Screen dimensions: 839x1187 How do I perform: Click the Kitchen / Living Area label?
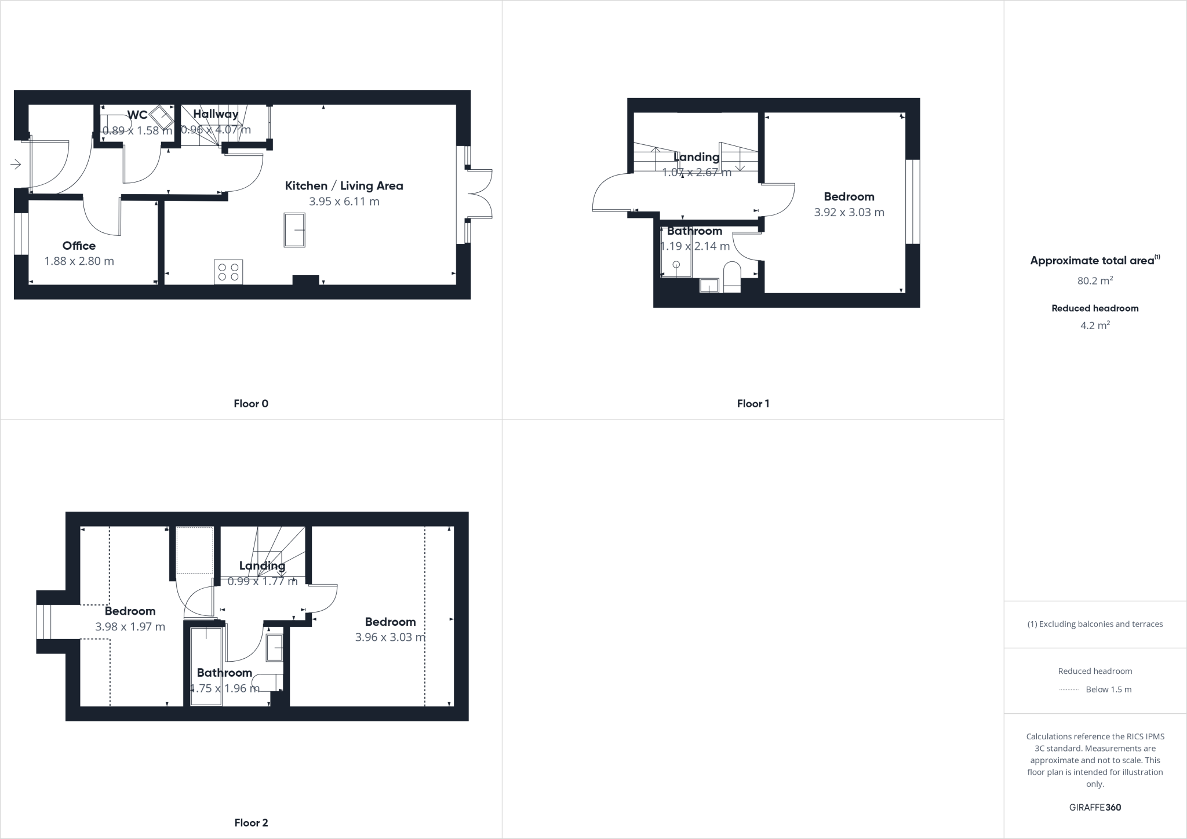click(344, 186)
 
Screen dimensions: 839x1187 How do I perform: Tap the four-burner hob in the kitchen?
click(228, 272)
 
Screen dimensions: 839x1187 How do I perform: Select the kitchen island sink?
click(294, 230)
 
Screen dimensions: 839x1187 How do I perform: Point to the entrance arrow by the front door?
click(16, 165)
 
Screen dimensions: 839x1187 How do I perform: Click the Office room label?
click(79, 246)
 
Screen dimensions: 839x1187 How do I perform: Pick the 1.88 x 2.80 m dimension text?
click(79, 261)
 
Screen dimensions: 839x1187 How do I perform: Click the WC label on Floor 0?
click(137, 115)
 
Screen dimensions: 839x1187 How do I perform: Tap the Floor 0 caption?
click(251, 404)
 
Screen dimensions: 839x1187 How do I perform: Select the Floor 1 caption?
click(753, 404)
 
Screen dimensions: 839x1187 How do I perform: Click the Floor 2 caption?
click(251, 823)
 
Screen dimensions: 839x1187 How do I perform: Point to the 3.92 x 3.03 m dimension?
click(849, 213)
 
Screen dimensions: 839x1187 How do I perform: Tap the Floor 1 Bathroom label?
click(694, 231)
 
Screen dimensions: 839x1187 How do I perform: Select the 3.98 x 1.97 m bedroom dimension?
click(130, 627)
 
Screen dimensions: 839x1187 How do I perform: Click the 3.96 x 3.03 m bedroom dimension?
click(390, 637)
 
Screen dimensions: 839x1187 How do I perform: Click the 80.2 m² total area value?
click(1095, 281)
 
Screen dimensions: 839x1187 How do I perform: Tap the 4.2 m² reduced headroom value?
click(1095, 326)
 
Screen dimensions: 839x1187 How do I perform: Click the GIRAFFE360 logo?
click(1095, 807)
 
